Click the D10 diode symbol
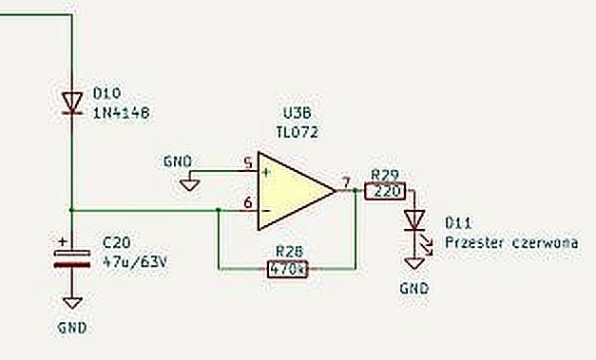pos(72,104)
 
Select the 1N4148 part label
pos(122,113)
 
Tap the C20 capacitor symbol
pos(72,258)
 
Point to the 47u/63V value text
pos(135,262)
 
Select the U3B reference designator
pos(297,113)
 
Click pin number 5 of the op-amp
pos(248,163)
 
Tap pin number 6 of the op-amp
pos(248,202)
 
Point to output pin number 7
pos(345,182)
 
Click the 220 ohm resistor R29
pos(385,191)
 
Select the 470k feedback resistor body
pos(287,269)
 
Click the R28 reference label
pos(290,252)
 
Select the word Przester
pos(474,242)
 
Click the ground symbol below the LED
pos(414,263)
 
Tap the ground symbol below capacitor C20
pos(72,303)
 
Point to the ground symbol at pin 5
pos(189,184)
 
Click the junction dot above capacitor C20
pos(72,210)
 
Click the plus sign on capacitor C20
pos(63,241)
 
